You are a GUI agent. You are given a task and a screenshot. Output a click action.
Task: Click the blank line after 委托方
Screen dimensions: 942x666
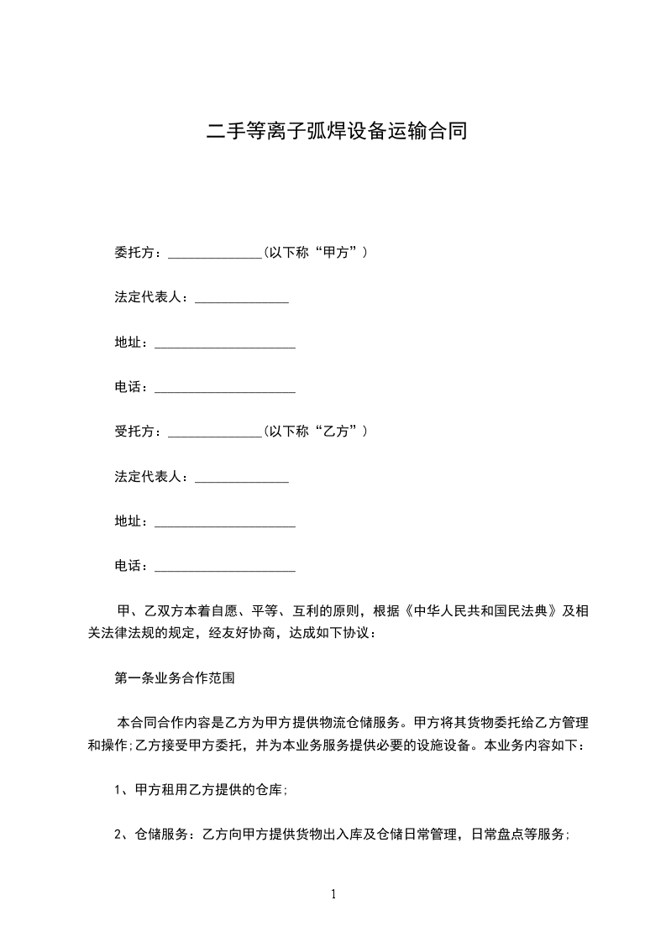(x=216, y=254)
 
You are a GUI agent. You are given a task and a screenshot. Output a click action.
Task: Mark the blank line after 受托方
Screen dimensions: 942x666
(x=216, y=433)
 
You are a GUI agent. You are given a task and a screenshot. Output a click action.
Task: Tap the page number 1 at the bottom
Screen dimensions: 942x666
(x=333, y=895)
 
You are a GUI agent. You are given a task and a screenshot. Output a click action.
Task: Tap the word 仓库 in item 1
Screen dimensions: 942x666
(x=270, y=789)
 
